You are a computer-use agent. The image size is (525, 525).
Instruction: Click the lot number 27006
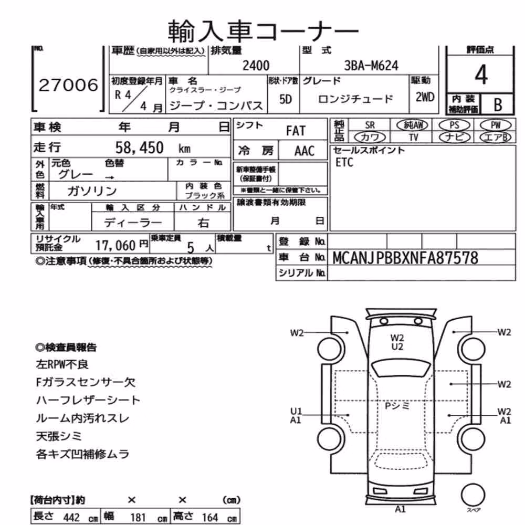point(68,85)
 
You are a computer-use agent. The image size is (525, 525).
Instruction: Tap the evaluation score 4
point(481,75)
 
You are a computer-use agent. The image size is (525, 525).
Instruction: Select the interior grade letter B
point(498,105)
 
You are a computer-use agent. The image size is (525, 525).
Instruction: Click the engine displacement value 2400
point(256,65)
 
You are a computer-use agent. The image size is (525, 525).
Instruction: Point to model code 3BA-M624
point(371,65)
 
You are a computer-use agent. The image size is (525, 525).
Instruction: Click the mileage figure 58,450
point(139,148)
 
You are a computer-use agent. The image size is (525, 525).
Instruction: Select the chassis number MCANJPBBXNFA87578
point(405,258)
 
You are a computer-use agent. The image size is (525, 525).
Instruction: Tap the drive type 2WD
point(425,97)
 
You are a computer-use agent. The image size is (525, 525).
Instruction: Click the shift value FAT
point(296,131)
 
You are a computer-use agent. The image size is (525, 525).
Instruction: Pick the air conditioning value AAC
point(304,151)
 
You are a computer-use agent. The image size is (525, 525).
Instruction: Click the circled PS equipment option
point(454,125)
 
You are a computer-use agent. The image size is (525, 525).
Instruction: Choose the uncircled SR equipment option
point(370,125)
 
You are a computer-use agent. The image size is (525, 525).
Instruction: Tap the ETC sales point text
point(344,162)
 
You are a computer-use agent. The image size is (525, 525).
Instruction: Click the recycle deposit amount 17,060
point(115,245)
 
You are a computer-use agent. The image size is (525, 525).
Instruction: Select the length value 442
point(71,517)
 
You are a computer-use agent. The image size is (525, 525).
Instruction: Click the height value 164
point(210,517)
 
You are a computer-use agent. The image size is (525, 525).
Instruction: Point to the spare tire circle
point(473,495)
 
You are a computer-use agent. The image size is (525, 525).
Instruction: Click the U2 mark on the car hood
point(397,347)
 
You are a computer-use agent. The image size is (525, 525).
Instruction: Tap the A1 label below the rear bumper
point(400,509)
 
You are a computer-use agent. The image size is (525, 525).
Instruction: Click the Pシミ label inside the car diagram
point(397,406)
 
